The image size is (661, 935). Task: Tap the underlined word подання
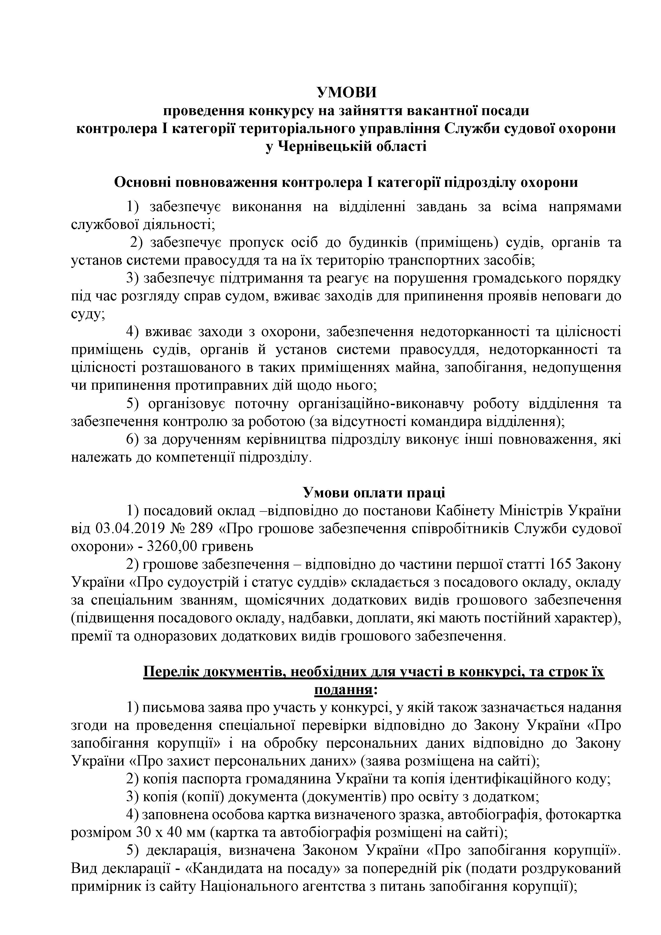tap(343, 690)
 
